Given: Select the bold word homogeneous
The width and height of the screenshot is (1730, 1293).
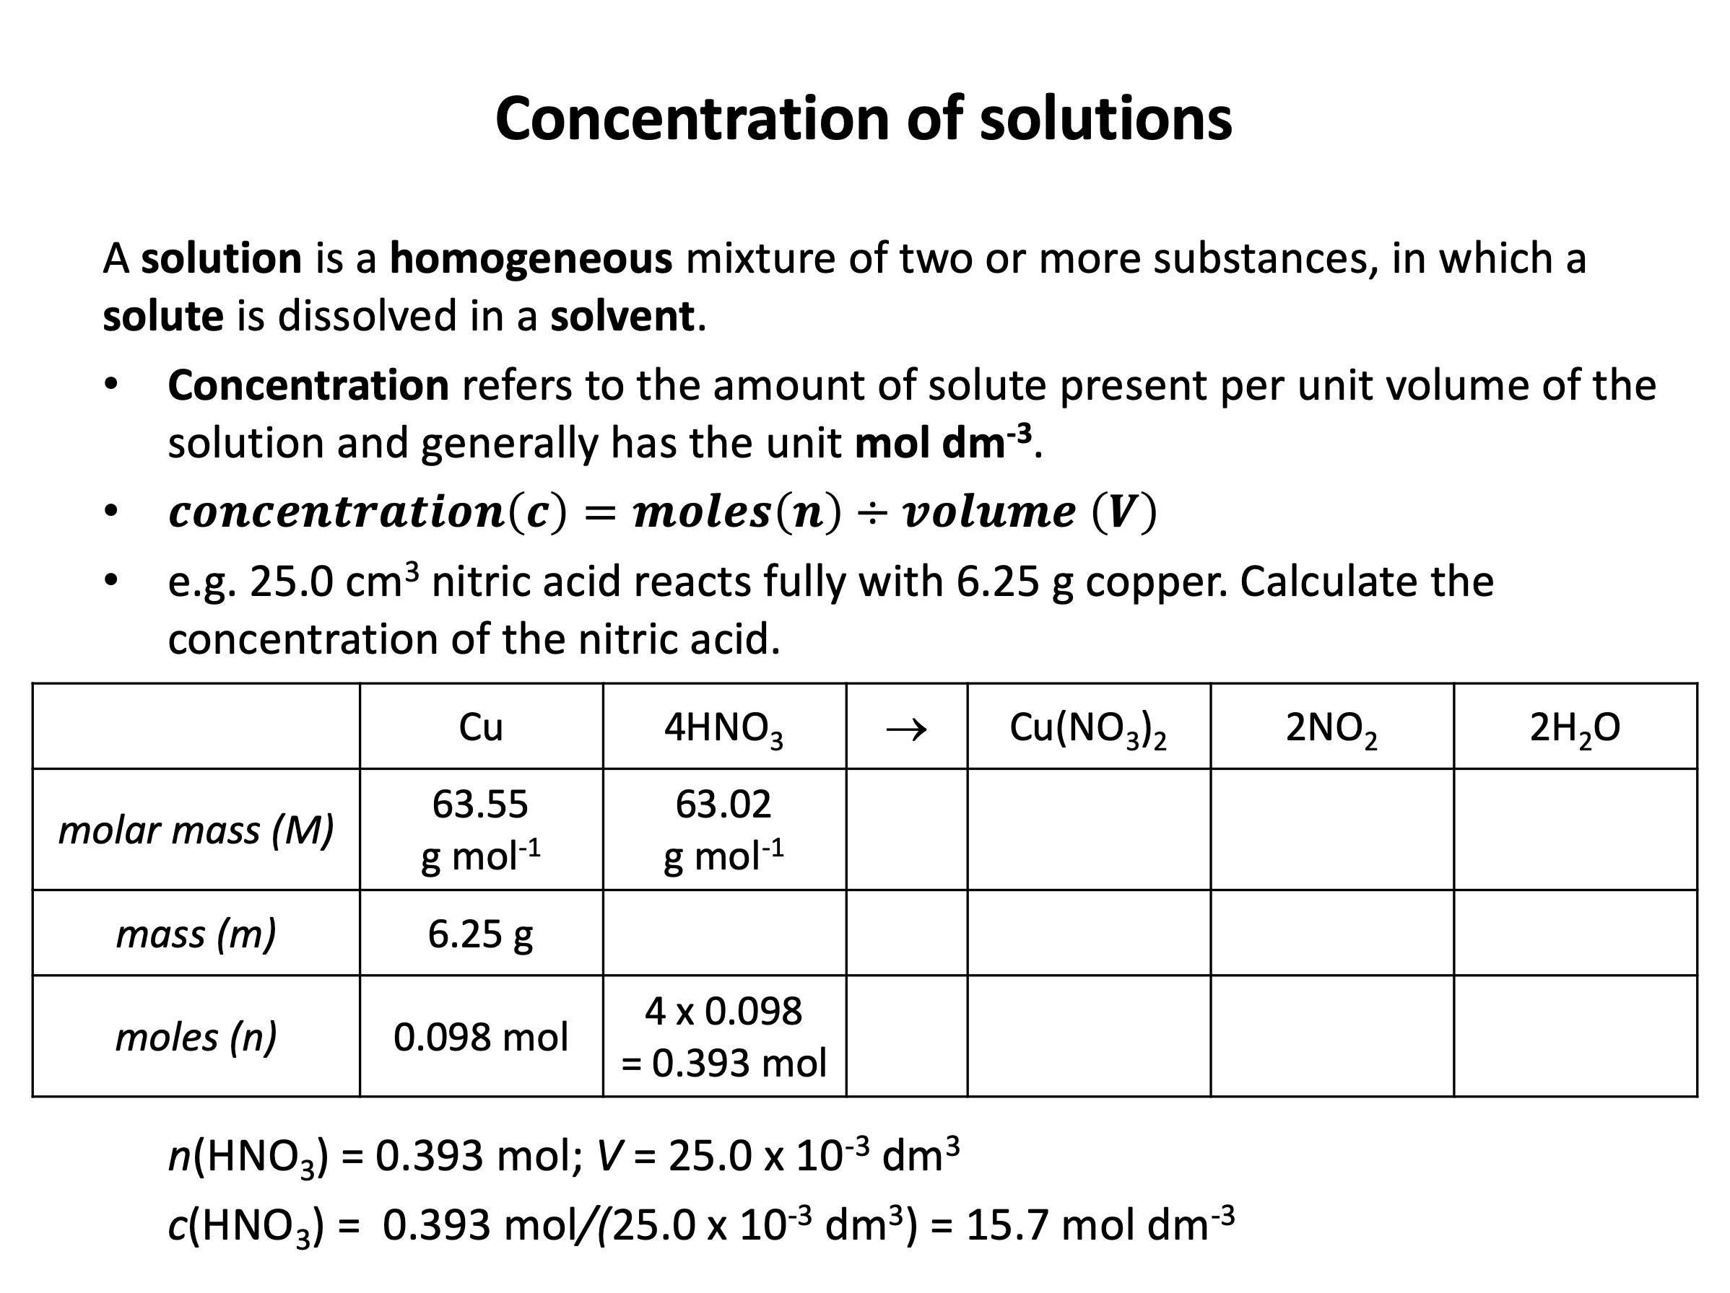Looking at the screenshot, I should [530, 259].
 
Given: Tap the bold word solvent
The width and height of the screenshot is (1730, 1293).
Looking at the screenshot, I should [622, 317].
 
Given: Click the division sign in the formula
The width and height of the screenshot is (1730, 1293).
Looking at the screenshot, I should [872, 513].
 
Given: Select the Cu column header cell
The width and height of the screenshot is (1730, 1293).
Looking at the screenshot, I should [480, 727].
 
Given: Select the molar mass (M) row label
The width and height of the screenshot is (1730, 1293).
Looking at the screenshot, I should [196, 830].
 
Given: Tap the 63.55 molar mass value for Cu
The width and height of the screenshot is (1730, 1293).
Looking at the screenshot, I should [480, 805].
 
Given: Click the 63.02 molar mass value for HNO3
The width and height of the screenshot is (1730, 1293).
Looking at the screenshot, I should [723, 805].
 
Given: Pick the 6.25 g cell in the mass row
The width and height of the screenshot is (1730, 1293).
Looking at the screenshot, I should [480, 934].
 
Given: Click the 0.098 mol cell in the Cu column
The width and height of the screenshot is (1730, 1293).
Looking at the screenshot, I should [480, 1038].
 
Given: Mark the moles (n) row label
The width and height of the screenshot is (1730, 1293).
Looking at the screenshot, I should [196, 1038].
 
